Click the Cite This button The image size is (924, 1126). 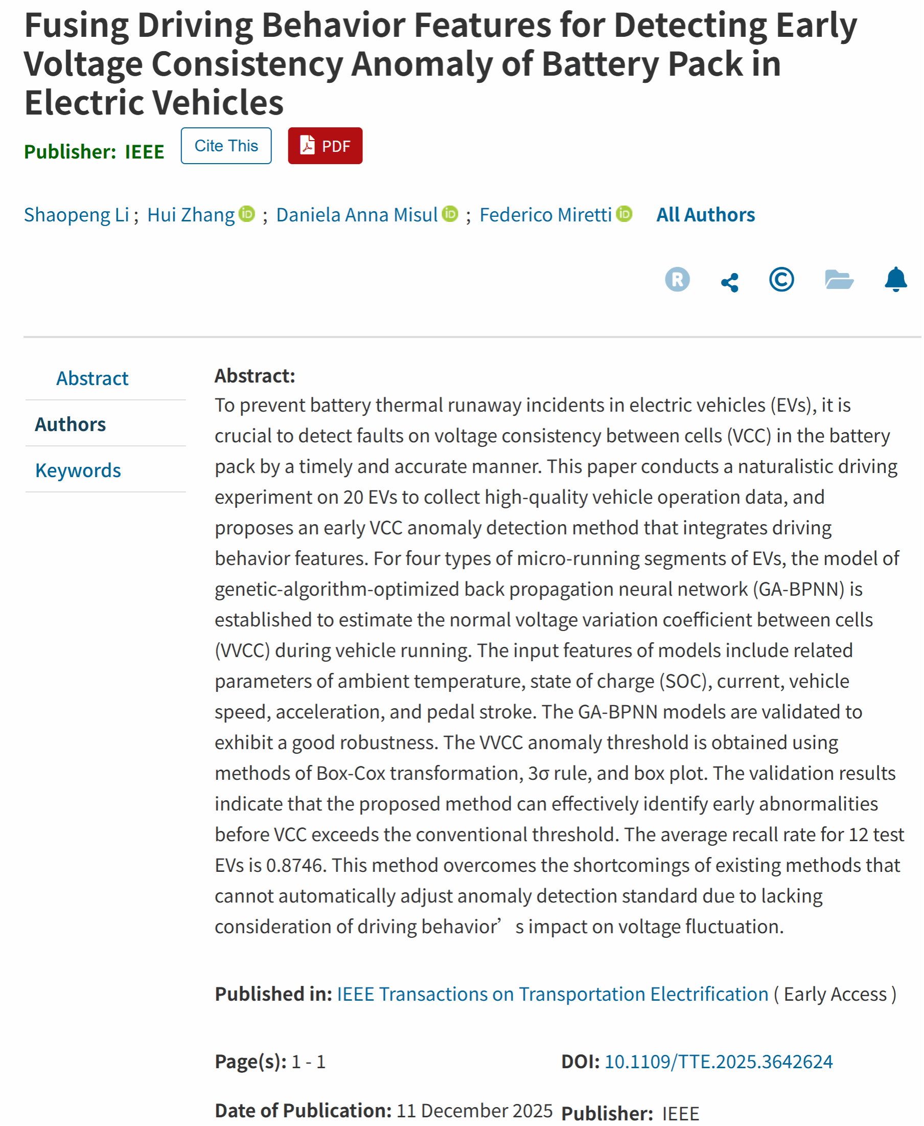click(226, 146)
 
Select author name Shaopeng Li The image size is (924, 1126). click(76, 215)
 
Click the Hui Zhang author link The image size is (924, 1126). click(191, 215)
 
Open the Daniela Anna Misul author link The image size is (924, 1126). click(357, 215)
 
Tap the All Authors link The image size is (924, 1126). click(705, 215)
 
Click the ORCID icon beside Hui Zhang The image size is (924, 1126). click(247, 214)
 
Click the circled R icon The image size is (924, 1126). click(677, 280)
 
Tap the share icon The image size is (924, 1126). click(729, 282)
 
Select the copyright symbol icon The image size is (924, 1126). click(781, 280)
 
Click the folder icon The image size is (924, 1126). click(839, 280)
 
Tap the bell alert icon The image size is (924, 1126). click(895, 280)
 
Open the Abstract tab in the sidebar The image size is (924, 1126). click(92, 379)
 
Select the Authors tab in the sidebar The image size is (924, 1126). click(70, 424)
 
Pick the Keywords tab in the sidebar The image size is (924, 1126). click(78, 471)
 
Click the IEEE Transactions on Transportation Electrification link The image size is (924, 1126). click(552, 995)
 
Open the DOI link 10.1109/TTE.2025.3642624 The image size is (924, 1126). click(718, 1062)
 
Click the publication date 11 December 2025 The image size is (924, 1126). click(474, 1111)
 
